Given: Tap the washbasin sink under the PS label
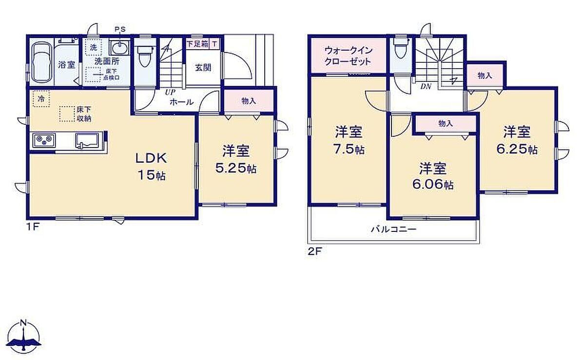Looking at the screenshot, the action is coord(119,48).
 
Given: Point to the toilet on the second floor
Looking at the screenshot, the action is coord(401,49).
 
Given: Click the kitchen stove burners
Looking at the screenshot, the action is coord(44,141).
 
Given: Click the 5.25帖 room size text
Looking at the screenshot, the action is coord(235,169).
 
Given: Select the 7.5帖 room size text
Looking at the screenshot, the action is coord(349,150).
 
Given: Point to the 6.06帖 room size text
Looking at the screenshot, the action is coord(433,185).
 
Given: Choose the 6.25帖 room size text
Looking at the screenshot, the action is coord(517,150).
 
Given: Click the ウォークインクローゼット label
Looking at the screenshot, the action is coord(349,56).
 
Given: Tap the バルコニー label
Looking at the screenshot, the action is coord(394,229).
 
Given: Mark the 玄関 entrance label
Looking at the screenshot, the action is coord(203,68).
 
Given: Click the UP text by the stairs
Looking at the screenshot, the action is coord(170,93).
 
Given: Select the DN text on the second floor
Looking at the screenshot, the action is coord(426,87).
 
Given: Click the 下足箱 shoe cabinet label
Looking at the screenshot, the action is coord(197,44).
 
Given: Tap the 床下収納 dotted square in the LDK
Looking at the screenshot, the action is coord(67,114).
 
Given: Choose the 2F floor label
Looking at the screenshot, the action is coord(314,251).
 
